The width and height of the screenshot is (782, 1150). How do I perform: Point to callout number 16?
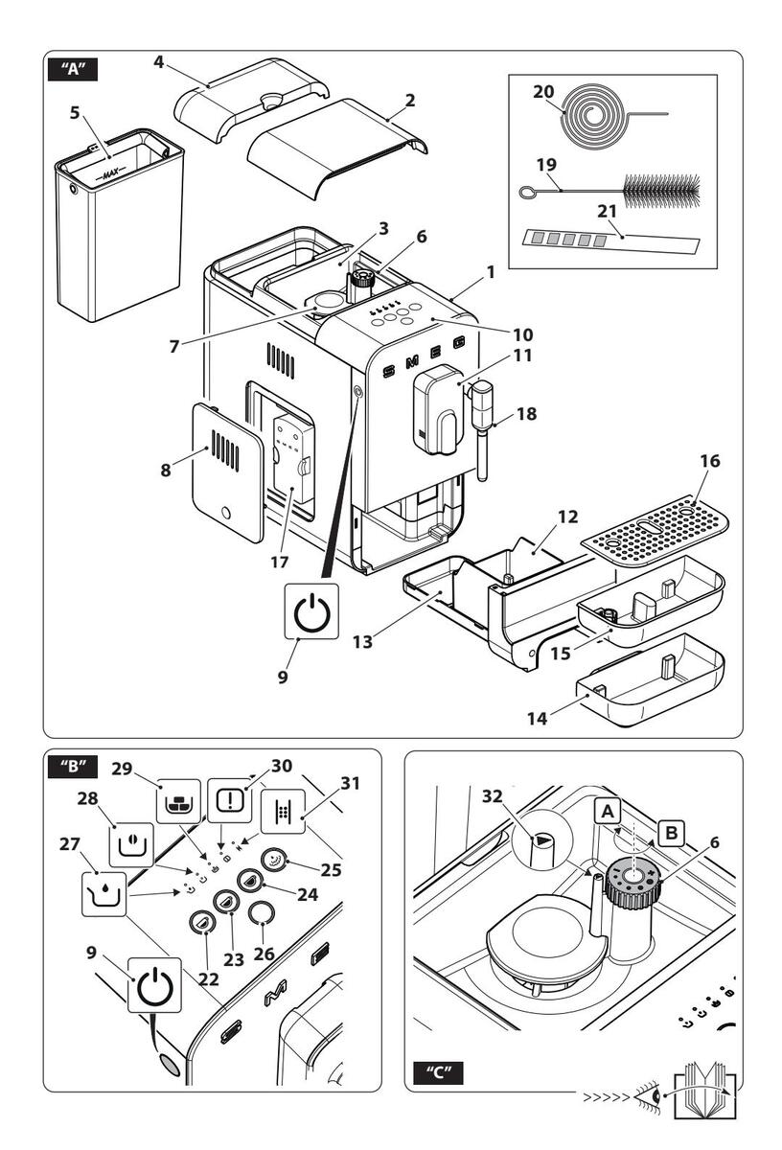pyautogui.click(x=710, y=462)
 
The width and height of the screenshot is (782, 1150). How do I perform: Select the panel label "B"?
pyautogui.click(x=72, y=767)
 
